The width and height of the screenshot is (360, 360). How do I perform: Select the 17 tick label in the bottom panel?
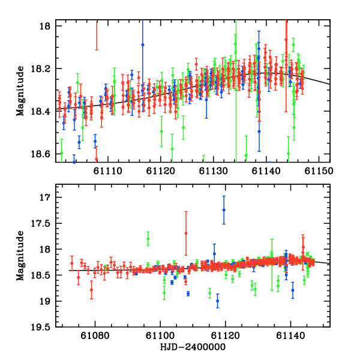click(x=47, y=197)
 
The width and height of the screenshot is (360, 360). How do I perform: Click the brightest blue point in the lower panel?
click(x=224, y=209)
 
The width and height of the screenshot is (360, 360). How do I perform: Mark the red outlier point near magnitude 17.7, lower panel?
click(x=186, y=233)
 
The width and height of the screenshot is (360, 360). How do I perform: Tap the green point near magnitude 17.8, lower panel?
click(x=148, y=239)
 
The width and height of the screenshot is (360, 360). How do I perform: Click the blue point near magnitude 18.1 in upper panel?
click(x=143, y=44)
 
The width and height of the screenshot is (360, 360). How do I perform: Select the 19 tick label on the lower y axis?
click(x=47, y=301)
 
